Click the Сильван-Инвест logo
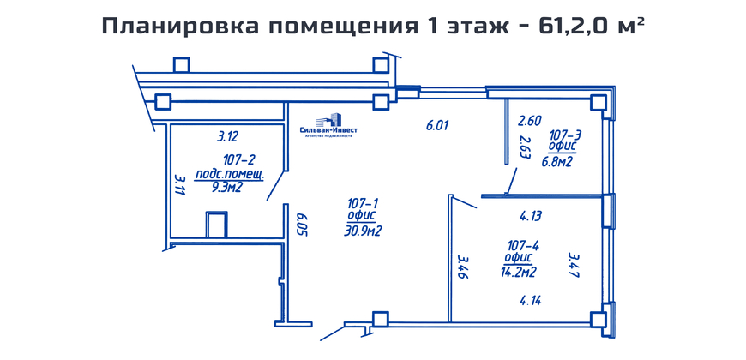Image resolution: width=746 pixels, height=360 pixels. click(328, 125)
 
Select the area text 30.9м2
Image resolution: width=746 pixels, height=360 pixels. click(363, 231)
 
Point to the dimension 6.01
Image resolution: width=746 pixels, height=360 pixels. click(437, 125)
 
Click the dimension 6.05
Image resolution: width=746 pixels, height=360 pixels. click(301, 226)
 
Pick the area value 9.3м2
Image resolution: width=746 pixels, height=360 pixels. click(227, 188)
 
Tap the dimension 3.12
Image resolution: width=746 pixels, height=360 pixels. click(227, 137)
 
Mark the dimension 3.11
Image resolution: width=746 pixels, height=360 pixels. click(180, 184)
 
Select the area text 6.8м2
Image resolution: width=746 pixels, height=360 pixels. click(556, 162)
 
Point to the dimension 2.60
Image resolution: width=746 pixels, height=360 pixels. click(530, 121)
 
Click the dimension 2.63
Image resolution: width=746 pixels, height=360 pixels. click(525, 147)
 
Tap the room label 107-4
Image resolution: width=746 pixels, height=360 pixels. click(523, 246)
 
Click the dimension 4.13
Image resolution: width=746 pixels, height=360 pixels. click(530, 216)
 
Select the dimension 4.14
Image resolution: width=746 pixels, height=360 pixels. click(531, 301)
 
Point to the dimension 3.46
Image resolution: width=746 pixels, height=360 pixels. click(463, 267)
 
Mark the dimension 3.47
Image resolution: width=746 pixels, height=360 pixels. click(575, 266)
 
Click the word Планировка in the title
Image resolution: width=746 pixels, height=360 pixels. click(181, 27)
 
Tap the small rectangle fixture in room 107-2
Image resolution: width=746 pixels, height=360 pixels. click(215, 225)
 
